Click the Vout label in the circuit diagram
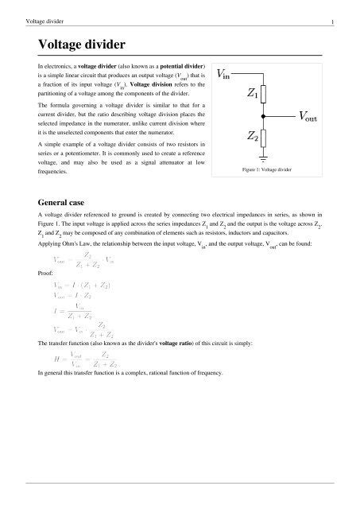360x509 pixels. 309,117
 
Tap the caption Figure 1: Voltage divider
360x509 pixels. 265,170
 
